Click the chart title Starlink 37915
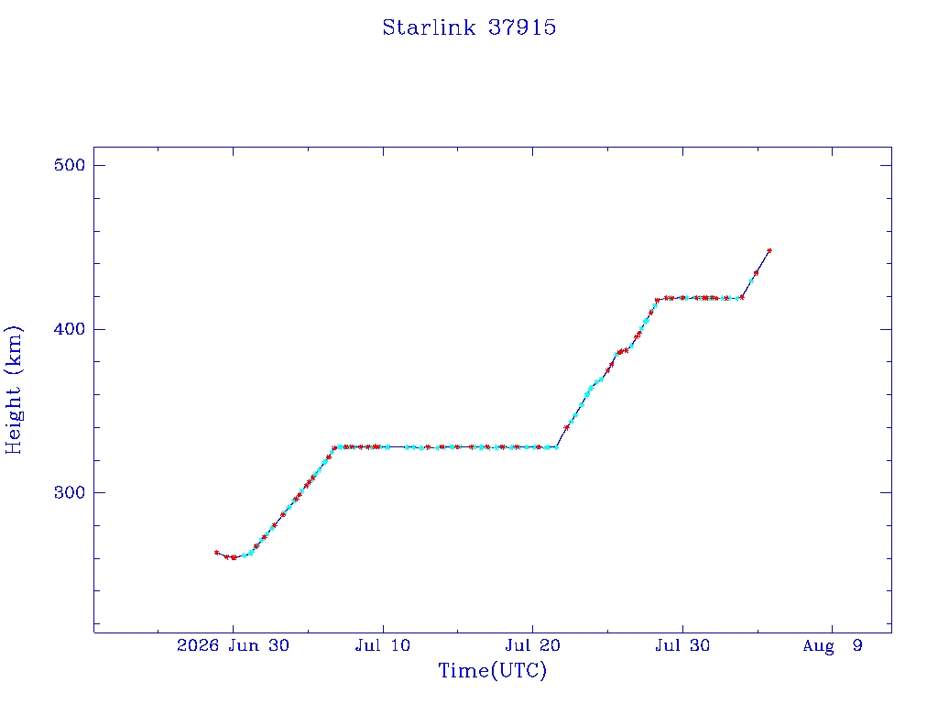coord(469,27)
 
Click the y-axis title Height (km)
coord(14,390)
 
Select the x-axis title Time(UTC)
coord(492,670)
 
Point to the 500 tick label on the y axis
coord(70,165)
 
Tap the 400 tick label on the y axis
coord(70,329)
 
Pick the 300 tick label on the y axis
coord(70,492)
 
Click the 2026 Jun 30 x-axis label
coord(233,645)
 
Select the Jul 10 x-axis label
coord(382,645)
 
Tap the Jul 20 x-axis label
coord(532,645)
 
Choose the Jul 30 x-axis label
coord(682,645)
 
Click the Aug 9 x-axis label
coord(832,645)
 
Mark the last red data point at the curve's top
coord(769,251)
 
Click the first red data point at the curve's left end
coord(216,553)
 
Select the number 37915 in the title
coord(521,27)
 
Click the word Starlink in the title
coord(429,27)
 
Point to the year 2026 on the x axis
coord(198,645)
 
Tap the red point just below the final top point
coord(756,273)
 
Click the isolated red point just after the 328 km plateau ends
coord(566,427)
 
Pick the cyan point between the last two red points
coord(751,280)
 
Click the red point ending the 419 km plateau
coord(742,297)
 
